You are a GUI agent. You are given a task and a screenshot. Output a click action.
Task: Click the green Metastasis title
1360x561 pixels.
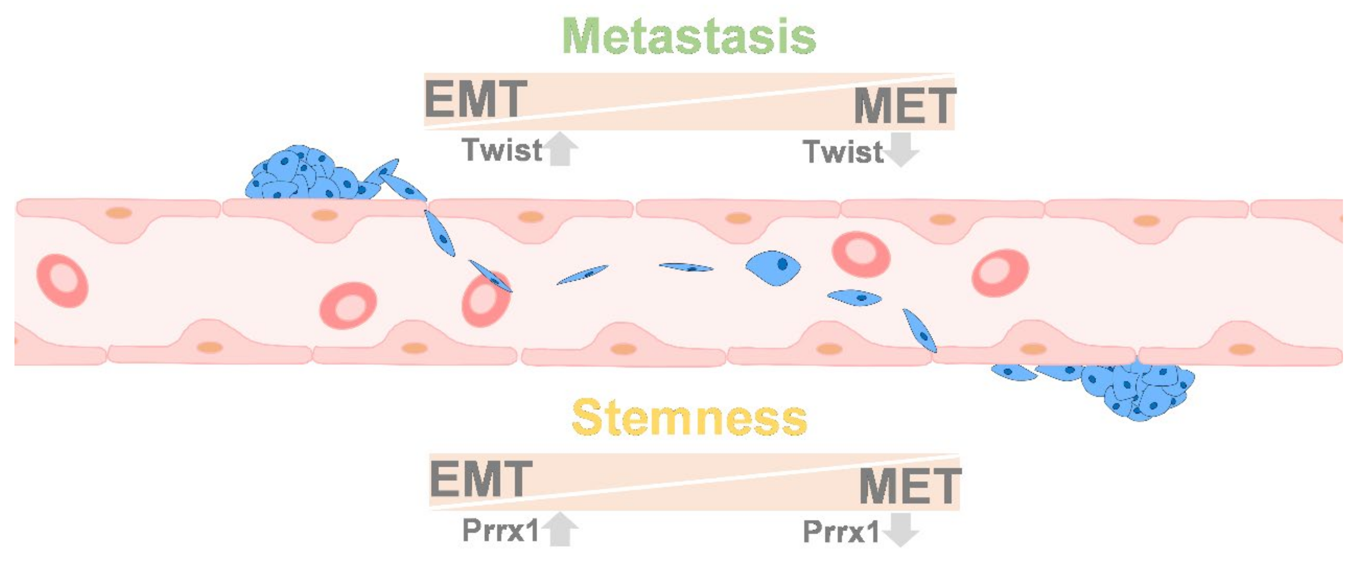(x=689, y=36)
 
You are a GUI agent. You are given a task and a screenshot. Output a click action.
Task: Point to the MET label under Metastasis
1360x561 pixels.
(x=904, y=105)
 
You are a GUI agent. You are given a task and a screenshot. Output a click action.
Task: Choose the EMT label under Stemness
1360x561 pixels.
(x=481, y=479)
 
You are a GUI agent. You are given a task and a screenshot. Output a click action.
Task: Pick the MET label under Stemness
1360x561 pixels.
(x=909, y=485)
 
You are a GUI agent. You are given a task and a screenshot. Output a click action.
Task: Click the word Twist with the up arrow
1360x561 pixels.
(x=502, y=150)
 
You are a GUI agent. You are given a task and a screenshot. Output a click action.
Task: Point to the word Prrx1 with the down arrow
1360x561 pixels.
(x=841, y=531)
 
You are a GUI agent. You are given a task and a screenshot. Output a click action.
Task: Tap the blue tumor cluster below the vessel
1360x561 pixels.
(x=1135, y=390)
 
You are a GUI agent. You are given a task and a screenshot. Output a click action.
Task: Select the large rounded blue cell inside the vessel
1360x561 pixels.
(x=773, y=267)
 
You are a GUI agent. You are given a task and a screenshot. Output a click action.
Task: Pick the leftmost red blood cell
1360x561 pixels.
(x=62, y=280)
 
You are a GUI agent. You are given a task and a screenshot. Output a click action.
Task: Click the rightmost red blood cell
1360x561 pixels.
(x=1000, y=273)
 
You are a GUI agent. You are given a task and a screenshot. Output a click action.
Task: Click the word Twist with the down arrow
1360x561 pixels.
(x=843, y=152)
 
